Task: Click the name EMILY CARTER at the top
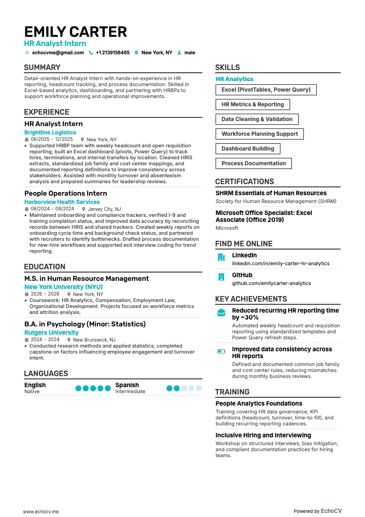click(x=75, y=32)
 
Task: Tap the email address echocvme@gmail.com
click(x=58, y=53)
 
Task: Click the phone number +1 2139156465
click(x=113, y=53)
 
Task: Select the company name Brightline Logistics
click(x=50, y=133)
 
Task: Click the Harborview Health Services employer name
click(x=62, y=202)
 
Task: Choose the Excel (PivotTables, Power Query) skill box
click(x=266, y=90)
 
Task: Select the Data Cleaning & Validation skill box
click(x=257, y=119)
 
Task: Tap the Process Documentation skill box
click(x=253, y=163)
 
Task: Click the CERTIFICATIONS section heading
click(x=245, y=181)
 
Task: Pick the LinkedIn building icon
click(x=221, y=257)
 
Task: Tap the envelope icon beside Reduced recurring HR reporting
click(x=221, y=313)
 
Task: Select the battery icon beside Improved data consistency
click(x=221, y=351)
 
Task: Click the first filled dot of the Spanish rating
click(x=170, y=388)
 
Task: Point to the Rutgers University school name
click(x=51, y=332)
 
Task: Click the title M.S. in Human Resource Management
click(x=86, y=279)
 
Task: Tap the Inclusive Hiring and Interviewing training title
click(x=263, y=435)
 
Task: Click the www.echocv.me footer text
click(x=41, y=511)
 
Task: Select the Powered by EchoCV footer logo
click(x=318, y=511)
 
